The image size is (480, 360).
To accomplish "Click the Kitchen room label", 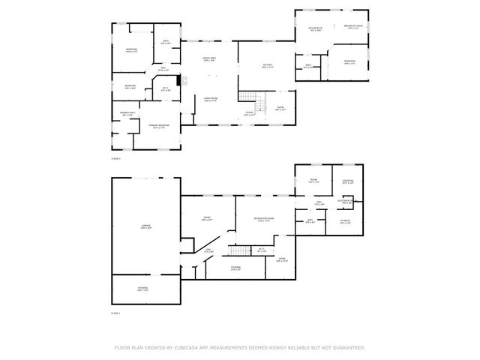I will coord(268,66).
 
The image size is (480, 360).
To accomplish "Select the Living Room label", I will coord(211,99).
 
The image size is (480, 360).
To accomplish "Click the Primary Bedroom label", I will coord(158,126).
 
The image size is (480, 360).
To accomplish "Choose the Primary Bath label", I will coord(127,113).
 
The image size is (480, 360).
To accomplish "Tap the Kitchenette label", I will coord(314,29).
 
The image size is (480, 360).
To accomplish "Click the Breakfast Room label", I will coord(353,27).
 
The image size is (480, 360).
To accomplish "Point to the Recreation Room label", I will coord(264,219).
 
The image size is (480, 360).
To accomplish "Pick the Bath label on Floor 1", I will coord(310,220).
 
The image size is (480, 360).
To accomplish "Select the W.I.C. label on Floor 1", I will coord(262,250).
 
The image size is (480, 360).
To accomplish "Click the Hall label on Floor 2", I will coord(162,69).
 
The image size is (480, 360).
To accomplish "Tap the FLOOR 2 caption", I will coord(115,159).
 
